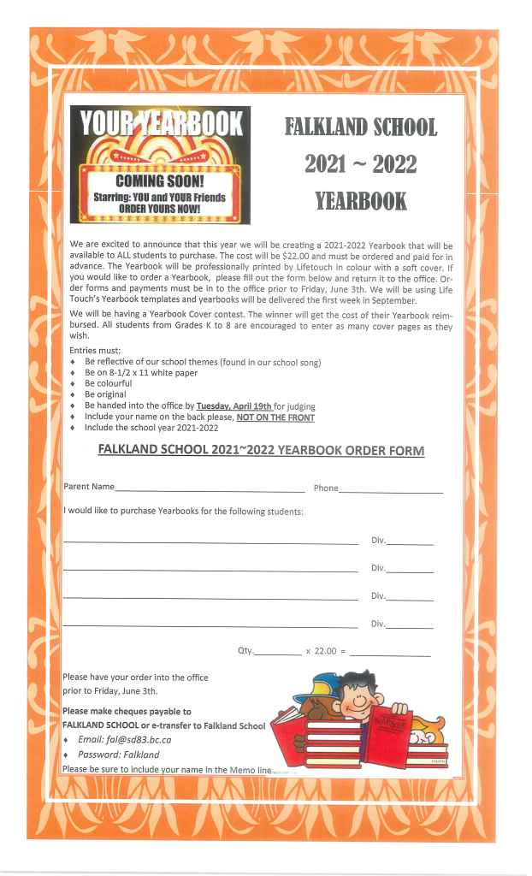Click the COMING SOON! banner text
[x=160, y=182]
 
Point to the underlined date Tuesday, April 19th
[x=233, y=405]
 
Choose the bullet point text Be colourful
[x=109, y=383]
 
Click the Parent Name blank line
[x=209, y=489]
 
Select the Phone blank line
[x=391, y=490]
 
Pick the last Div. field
[x=410, y=626]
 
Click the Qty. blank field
[x=278, y=653]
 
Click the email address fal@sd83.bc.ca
[x=126, y=739]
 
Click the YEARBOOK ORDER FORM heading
[x=261, y=450]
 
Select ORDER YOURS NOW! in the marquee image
[x=160, y=208]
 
